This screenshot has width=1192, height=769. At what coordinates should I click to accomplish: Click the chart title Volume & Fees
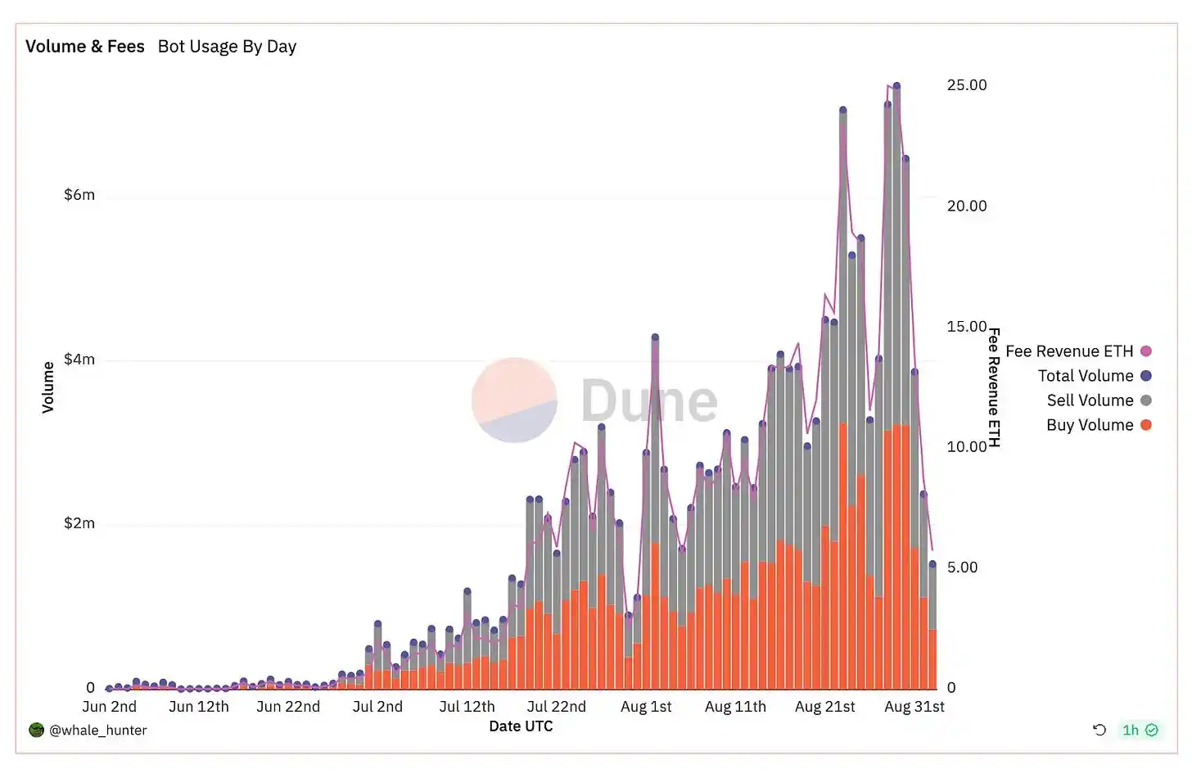click(84, 47)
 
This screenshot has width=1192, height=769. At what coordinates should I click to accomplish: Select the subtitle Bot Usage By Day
click(227, 47)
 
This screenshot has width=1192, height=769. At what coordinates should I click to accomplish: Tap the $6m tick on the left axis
click(79, 195)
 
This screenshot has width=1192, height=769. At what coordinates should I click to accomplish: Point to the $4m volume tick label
click(79, 360)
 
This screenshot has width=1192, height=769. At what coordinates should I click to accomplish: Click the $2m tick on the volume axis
click(79, 523)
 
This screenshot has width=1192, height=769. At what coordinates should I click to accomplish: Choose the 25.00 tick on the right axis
click(967, 85)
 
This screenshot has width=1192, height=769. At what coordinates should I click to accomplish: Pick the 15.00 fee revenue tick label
click(967, 327)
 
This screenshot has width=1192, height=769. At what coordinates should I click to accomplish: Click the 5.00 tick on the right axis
click(963, 568)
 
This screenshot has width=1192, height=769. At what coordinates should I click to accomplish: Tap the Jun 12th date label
click(199, 707)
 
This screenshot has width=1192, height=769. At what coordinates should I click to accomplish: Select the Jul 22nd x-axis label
click(557, 707)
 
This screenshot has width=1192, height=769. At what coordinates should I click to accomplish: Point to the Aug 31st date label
click(914, 707)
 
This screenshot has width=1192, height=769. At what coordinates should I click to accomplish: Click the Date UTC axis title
click(521, 726)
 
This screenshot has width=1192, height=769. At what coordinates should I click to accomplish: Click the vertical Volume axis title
click(48, 387)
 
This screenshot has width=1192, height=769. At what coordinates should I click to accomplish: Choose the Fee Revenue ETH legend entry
click(1069, 351)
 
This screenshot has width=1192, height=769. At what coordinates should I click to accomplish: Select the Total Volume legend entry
click(1086, 376)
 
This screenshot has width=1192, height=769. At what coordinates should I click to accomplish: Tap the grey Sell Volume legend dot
click(1146, 400)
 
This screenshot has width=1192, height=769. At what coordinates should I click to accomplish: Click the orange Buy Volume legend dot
click(1146, 425)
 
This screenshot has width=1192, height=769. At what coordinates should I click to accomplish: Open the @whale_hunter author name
click(98, 731)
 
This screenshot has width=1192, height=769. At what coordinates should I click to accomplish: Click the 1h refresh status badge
click(1140, 731)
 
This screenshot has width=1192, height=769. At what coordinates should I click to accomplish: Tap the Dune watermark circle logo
click(514, 400)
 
